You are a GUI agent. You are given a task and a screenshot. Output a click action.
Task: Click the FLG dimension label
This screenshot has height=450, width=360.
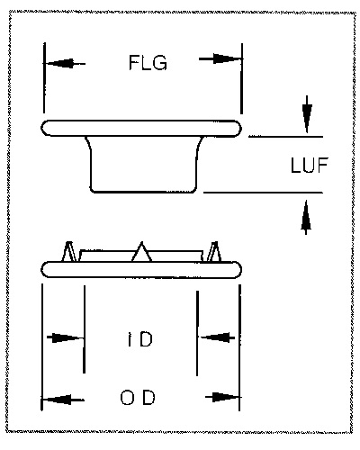[148, 63]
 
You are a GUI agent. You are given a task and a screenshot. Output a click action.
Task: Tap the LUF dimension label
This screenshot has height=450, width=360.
[310, 165]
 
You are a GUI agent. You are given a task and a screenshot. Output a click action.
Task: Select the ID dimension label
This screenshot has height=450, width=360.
[139, 339]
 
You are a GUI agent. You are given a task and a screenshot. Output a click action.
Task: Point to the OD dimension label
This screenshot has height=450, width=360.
[138, 398]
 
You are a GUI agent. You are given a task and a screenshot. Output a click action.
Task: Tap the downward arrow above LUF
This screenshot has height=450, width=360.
[307, 114]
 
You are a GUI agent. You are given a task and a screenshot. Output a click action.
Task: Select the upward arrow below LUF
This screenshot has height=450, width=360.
[306, 218]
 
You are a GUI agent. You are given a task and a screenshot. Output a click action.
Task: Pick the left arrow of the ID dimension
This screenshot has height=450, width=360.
[66, 337]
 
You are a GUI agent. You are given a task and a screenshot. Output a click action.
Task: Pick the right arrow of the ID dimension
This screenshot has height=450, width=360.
[217, 337]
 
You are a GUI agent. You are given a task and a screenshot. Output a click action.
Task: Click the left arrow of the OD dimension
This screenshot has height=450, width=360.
[62, 400]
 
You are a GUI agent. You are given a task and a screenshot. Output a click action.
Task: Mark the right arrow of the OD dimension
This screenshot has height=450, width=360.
[222, 398]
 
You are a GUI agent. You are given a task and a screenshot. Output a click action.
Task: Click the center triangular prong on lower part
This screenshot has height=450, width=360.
[141, 252]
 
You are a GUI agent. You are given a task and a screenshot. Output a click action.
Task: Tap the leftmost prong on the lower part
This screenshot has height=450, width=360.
[69, 251]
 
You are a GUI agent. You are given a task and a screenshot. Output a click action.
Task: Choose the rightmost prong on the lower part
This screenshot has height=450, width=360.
[215, 251]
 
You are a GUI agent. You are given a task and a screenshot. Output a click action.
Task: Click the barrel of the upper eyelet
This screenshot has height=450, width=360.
[144, 164]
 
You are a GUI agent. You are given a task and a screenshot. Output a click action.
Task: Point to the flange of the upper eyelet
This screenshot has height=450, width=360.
[141, 128]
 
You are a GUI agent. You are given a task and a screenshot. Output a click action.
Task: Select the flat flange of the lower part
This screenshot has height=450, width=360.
[141, 270]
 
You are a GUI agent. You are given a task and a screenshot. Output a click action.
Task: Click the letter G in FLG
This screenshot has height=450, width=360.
[160, 63]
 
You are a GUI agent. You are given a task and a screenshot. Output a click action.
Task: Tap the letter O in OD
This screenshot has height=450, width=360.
[128, 398]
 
